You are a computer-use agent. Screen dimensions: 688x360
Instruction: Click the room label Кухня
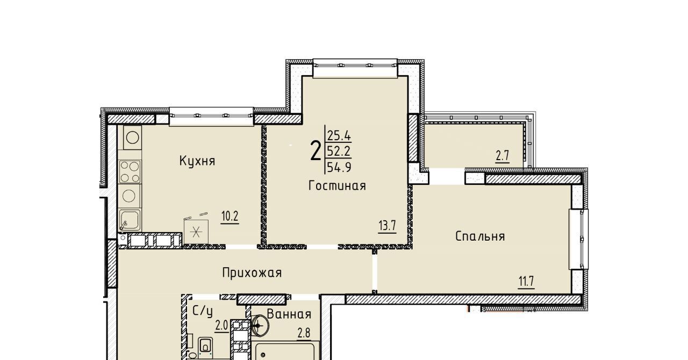[x=197, y=161]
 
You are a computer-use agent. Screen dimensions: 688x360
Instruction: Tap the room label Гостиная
[x=337, y=186]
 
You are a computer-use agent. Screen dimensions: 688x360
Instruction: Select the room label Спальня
[x=480, y=236]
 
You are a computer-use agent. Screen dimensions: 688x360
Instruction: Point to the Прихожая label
[x=252, y=273]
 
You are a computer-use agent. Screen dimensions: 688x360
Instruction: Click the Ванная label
[x=289, y=314]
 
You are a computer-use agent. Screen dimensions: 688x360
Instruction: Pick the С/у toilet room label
[x=203, y=312]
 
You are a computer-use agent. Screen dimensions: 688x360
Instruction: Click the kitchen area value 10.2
[x=230, y=217]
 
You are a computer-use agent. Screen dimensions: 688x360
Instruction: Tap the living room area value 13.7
[x=387, y=226]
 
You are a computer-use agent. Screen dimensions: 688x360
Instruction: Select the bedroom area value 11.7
[x=526, y=282]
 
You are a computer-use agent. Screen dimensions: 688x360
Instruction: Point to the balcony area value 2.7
[x=503, y=156]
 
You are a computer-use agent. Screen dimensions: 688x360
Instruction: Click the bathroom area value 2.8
[x=304, y=333]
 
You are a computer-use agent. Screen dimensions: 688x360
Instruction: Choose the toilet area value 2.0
[x=221, y=326]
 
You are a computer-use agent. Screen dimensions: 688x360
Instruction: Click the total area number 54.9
[x=339, y=168]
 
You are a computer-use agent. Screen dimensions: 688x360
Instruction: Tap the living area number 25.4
[x=339, y=135]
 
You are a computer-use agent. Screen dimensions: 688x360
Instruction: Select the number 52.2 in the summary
[x=339, y=152]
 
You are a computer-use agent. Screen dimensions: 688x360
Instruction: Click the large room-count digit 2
[x=316, y=151]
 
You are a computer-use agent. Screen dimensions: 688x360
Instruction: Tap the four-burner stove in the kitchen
[x=130, y=172]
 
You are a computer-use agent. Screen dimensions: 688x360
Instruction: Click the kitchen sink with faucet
[x=130, y=220]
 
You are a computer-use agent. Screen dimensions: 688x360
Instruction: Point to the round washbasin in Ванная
[x=260, y=326]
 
